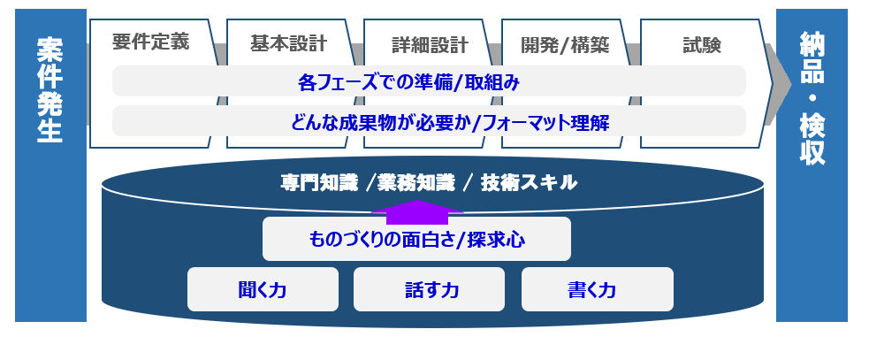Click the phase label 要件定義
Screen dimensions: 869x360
[x=151, y=42]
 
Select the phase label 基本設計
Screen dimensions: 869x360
[x=288, y=43]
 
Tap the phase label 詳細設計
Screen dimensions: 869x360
[x=430, y=45]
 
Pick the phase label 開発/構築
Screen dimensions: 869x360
[x=565, y=45]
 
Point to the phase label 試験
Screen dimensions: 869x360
[x=702, y=45]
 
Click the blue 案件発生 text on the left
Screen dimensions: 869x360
[x=50, y=90]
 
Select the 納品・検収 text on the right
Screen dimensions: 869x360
[x=812, y=98]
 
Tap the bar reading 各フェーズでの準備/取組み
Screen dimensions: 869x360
[x=429, y=81]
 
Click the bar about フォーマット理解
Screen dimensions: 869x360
[x=429, y=121]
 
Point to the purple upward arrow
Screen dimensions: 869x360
[x=416, y=212]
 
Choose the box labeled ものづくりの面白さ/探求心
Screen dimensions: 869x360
[x=416, y=239]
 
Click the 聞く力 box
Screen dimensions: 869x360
[x=263, y=289]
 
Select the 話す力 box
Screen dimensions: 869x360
[x=429, y=289]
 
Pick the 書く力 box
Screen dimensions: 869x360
[x=598, y=289]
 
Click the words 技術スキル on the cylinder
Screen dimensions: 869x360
[x=529, y=183]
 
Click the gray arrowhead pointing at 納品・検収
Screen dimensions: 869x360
[x=778, y=84]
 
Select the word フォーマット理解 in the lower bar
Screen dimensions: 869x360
[x=546, y=122]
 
